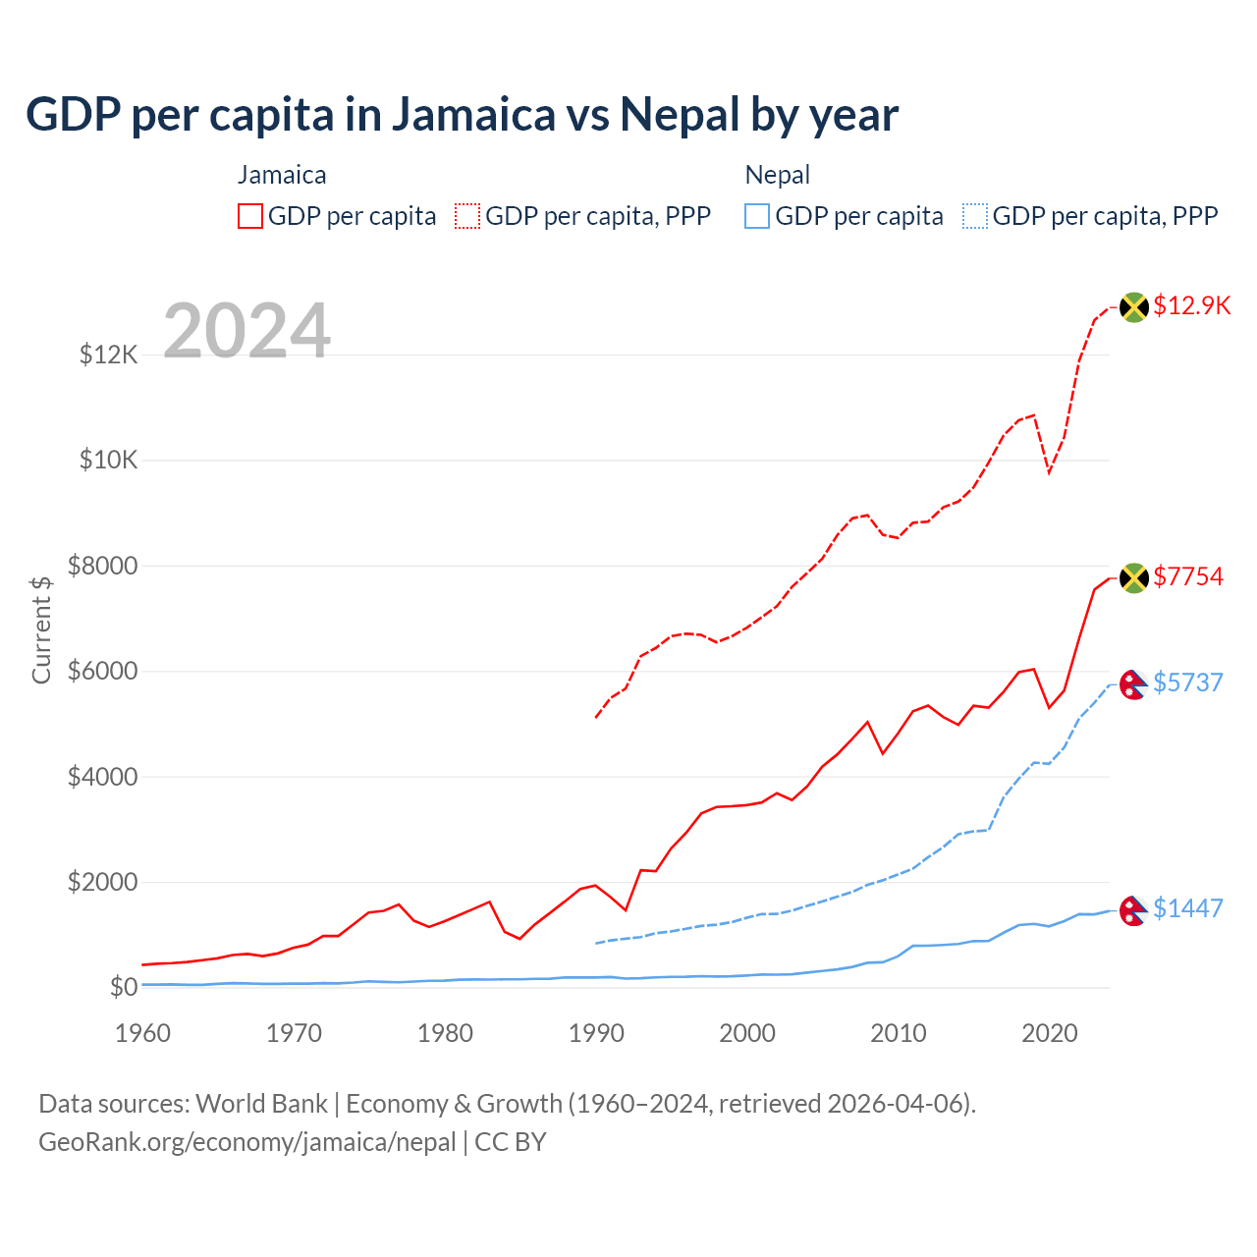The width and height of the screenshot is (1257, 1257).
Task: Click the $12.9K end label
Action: point(1191,305)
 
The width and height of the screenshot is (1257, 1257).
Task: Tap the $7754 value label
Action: point(1187,576)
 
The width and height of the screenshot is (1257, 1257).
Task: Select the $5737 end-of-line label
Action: point(1187,683)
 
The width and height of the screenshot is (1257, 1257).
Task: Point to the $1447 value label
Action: point(1187,908)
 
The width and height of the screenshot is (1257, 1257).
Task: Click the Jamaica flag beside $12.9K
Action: point(1134,306)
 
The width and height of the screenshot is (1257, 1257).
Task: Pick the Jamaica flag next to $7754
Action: point(1134,577)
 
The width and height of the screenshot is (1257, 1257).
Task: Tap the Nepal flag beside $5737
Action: point(1133,683)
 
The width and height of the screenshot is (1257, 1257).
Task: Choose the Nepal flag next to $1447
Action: point(1133,910)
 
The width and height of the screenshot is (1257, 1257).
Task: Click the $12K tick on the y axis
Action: point(108,355)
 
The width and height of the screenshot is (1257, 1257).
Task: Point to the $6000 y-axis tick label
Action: point(102,672)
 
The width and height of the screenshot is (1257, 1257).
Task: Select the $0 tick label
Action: point(123,987)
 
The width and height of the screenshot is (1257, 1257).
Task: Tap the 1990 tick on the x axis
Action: point(596,1033)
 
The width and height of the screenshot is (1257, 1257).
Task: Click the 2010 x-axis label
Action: point(899,1033)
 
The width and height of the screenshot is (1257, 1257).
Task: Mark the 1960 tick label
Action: point(143,1033)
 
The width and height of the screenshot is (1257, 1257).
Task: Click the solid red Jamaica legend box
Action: point(250,216)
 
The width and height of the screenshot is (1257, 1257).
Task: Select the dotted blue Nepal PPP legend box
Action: point(975,216)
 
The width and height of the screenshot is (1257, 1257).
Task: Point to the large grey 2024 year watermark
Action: point(246,331)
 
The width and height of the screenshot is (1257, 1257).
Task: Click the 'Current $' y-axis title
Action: point(41,629)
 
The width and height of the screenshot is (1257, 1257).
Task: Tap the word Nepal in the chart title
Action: point(679,115)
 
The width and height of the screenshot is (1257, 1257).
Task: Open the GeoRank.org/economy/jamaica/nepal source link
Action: point(247,1142)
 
